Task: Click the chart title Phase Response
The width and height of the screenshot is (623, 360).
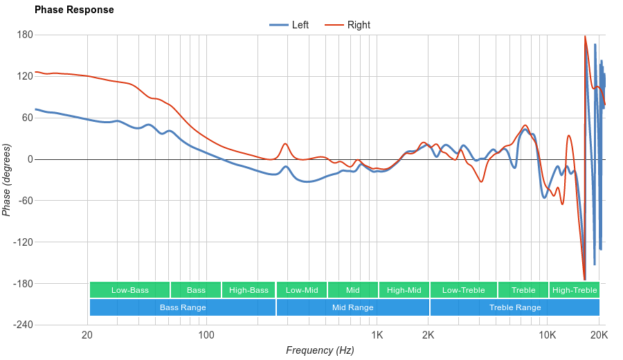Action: (74, 10)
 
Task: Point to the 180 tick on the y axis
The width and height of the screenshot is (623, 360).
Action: (25, 35)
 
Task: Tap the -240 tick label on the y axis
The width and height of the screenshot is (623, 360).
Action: (23, 325)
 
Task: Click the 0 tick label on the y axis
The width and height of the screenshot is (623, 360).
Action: (30, 159)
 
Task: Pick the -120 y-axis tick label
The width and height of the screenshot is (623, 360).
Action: (23, 242)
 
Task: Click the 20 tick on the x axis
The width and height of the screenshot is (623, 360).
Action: (87, 335)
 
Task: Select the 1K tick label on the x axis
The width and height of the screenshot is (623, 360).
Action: (377, 335)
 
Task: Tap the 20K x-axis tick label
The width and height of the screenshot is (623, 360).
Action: (599, 335)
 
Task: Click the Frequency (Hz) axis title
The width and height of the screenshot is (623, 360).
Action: (320, 350)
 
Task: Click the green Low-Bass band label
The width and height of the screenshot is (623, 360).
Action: (129, 290)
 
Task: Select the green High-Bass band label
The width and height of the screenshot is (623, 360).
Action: (249, 290)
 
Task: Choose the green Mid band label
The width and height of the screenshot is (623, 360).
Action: (353, 290)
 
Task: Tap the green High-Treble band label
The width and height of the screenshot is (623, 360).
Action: (575, 290)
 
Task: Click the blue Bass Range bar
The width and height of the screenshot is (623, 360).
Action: (183, 307)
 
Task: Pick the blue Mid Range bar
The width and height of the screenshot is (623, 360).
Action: (353, 307)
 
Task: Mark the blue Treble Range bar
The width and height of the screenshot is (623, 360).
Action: (515, 307)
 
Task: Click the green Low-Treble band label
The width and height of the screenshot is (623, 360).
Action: (463, 290)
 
